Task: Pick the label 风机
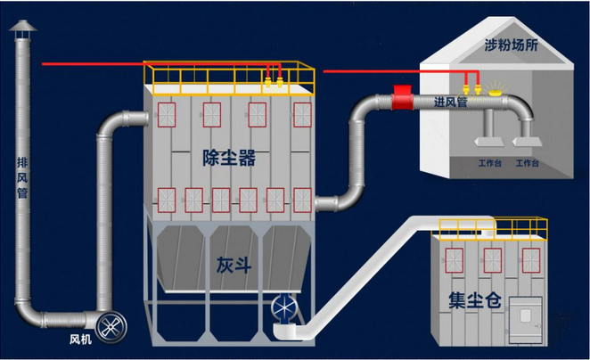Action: coord(80,340)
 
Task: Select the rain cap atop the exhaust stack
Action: coord(21,29)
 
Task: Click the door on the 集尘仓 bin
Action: coord(524,315)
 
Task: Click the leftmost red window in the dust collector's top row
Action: coord(166,113)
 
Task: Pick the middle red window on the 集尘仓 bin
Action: coord(491,259)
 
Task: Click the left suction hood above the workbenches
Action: coord(491,140)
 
